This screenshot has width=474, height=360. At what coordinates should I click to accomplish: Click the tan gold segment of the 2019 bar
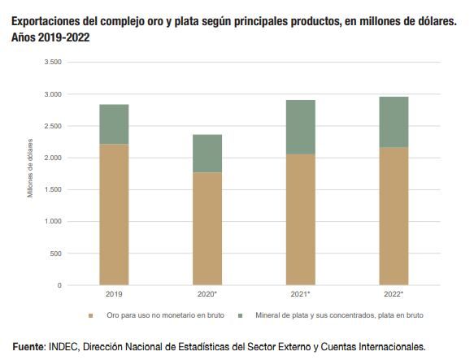(114, 215)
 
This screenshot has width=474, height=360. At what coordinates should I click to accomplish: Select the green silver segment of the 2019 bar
(114, 124)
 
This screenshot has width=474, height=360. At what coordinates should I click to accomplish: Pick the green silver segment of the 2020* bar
(207, 153)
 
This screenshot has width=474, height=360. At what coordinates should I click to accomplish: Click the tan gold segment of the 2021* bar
(300, 219)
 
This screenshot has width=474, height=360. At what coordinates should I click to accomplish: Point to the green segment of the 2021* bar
(300, 127)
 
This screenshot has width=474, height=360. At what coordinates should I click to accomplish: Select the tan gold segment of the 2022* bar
(394, 216)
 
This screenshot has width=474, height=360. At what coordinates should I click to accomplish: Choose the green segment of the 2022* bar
(394, 122)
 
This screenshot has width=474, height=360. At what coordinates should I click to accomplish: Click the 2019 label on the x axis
(114, 293)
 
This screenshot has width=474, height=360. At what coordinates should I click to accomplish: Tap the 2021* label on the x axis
(301, 293)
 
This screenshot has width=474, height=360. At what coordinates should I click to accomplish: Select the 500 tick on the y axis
(54, 254)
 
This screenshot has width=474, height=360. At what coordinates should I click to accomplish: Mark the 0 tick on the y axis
(59, 285)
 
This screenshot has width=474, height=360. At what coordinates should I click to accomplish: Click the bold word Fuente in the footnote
(28, 345)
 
